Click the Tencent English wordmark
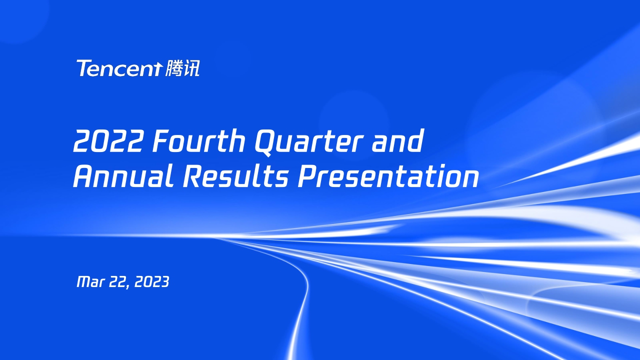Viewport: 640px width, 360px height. [119, 68]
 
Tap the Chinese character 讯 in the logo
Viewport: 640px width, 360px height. [191, 68]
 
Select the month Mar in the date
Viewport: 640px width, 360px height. [90, 282]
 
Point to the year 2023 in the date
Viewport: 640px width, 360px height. [152, 282]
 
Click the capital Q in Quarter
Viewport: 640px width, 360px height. [265, 141]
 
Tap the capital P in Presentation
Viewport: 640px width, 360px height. [306, 176]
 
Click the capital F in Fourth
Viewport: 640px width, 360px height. [161, 141]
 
